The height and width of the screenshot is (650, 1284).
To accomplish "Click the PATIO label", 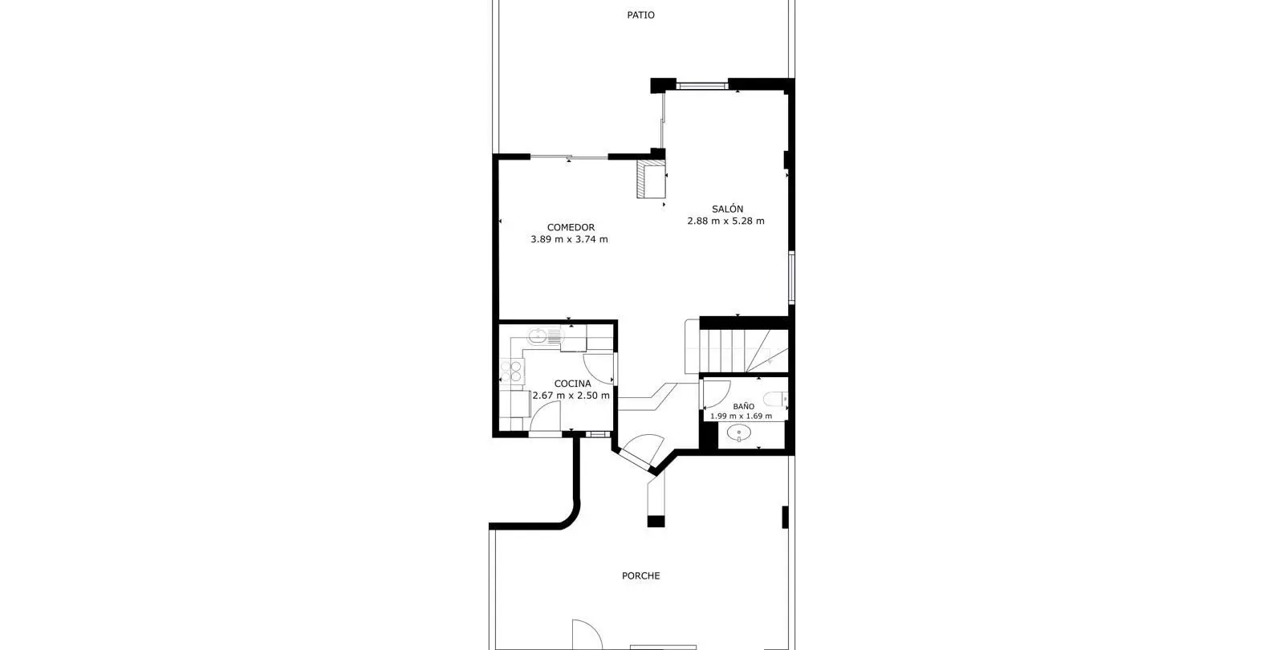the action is (x=640, y=15).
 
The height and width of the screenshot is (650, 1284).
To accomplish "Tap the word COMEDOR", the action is (x=571, y=228).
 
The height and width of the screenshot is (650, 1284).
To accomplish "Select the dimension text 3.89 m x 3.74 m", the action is (x=569, y=240).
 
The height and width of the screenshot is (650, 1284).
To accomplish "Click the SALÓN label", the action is (x=727, y=209).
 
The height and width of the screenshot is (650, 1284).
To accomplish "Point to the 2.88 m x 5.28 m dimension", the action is (x=725, y=221).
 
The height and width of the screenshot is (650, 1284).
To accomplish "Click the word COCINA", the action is (x=573, y=384).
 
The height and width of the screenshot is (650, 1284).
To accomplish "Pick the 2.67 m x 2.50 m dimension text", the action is (x=571, y=396).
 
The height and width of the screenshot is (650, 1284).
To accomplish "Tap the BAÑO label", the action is (x=743, y=406).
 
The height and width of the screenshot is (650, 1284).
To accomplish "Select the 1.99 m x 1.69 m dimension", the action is (x=742, y=416).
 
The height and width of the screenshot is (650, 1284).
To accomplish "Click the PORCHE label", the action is (x=641, y=575).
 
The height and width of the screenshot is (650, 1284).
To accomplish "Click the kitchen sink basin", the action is (x=538, y=336).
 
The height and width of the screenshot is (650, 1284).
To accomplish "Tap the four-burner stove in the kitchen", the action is (x=512, y=370).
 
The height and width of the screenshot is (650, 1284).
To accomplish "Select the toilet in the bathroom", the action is (x=775, y=398).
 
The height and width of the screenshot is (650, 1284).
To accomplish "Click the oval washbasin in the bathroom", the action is (x=739, y=433).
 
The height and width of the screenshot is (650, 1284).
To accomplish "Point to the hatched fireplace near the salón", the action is (x=651, y=179).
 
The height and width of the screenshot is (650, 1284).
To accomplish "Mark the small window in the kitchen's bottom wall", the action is (x=598, y=434).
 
